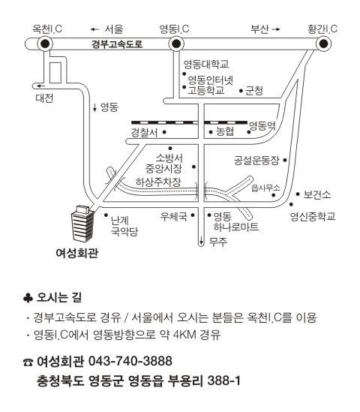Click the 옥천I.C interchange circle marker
pos(45,44)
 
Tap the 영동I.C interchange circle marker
pos(176,44)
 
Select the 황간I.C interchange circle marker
pos(323,44)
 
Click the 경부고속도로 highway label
pos(117,44)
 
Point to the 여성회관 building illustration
pos(82,224)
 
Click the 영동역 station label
pos(262,126)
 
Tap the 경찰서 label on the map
pos(144,132)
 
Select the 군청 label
pos(254,91)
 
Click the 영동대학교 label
pos(206,65)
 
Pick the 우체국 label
pos(174,217)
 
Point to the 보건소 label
pos(317,194)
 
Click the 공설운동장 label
pos(256,161)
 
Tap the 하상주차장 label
pos(158,182)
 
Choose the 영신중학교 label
pos(313,217)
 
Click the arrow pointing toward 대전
pos(40,86)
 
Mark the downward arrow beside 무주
pos(201,240)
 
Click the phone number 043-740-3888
pos(130,361)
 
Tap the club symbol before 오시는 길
pos(28,298)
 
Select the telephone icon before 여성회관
pos(28,362)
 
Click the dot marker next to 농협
pos(211,132)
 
